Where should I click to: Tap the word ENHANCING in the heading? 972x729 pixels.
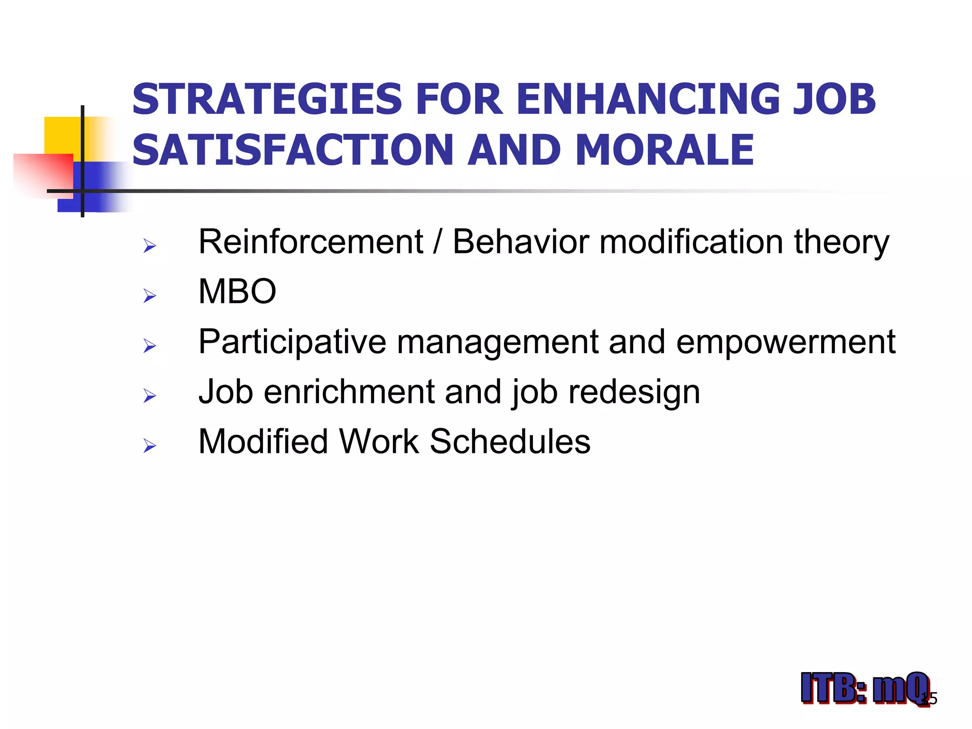click(x=648, y=99)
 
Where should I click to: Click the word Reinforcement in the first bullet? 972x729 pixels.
click(x=310, y=242)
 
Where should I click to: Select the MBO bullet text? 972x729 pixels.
click(x=237, y=291)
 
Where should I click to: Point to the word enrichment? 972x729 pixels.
click(x=349, y=392)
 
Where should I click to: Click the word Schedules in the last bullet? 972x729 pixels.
click(x=510, y=442)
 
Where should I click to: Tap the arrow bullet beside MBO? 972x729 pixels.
click(x=150, y=296)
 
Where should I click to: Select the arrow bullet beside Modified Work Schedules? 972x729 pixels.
click(x=150, y=446)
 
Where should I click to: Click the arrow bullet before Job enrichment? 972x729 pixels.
click(x=150, y=396)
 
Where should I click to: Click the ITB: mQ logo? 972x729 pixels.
click(x=864, y=688)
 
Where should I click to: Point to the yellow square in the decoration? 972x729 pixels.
click(x=62, y=135)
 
